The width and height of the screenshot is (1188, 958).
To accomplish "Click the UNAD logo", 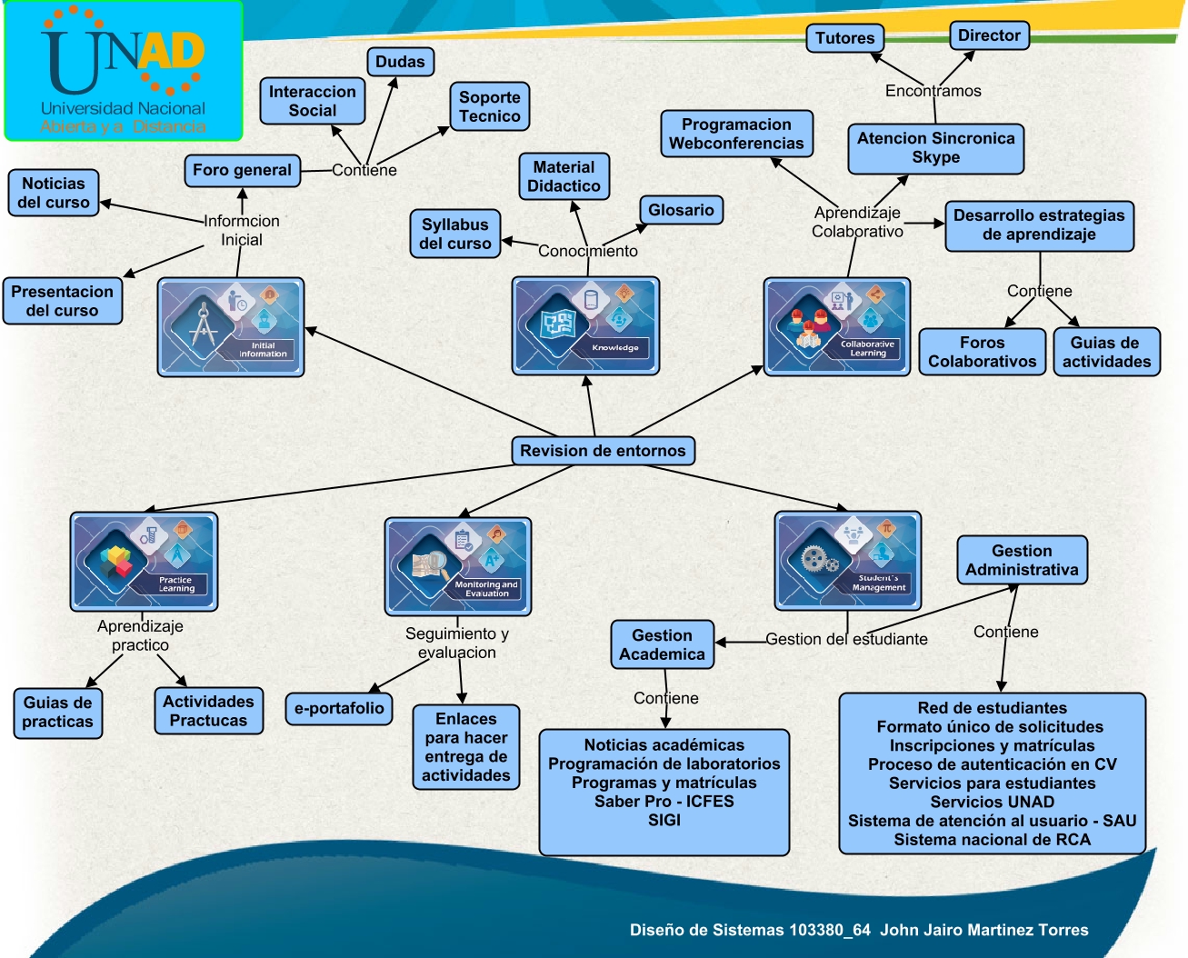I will click(124, 71).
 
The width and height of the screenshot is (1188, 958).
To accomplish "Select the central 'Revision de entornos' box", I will click(603, 451).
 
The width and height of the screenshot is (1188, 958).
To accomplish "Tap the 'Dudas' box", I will click(400, 62).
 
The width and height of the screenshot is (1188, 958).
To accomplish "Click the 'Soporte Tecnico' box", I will click(489, 106).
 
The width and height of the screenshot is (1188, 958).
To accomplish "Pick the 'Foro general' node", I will click(242, 170).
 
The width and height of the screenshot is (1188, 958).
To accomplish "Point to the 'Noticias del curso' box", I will click(54, 193).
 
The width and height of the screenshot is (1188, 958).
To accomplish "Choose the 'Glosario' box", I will click(681, 210).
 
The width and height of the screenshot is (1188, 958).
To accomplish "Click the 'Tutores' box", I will click(844, 38).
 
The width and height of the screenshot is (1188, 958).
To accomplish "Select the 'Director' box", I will click(989, 35).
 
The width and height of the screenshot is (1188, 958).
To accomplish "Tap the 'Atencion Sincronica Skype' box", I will click(935, 148).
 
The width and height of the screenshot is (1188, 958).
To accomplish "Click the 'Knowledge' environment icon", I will click(585, 326).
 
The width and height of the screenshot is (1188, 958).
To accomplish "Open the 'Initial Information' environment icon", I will click(231, 327).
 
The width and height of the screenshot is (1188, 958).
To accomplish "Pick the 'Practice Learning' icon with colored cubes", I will click(144, 561).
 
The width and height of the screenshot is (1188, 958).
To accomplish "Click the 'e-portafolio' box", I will click(339, 708).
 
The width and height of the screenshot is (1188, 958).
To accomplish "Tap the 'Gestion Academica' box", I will click(662, 644).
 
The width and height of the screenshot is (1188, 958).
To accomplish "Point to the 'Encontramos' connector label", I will click(933, 91).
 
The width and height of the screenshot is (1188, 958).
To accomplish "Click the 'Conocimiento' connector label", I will click(588, 251).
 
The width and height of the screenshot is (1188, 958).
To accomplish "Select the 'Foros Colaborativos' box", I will click(982, 352).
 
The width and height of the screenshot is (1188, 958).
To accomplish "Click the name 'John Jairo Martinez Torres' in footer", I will click(983, 930).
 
